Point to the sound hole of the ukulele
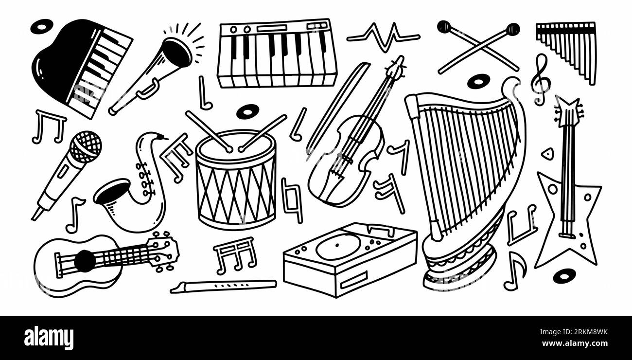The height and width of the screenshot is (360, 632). click(85, 261)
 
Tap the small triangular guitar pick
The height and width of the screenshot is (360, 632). click(547, 153)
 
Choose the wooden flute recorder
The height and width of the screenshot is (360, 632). click(223, 286)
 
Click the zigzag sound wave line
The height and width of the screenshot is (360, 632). click(383, 37)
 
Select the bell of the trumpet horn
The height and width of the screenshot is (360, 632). click(177, 52)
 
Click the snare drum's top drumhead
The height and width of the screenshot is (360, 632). click(235, 145)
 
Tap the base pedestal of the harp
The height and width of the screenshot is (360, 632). click(459, 270)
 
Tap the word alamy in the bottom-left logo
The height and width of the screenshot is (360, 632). click(49, 338)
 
